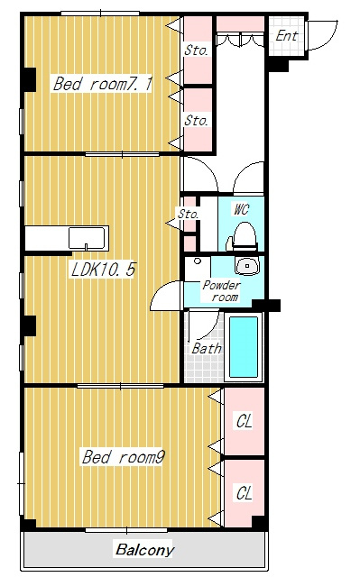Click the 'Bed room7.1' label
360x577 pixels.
pos(102,84)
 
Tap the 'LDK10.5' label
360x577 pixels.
pos(103,270)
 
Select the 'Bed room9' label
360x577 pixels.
pos(123,457)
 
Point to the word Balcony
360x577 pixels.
pos(144,550)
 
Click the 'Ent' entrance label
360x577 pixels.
pos(286,36)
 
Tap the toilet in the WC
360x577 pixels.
pos(243,236)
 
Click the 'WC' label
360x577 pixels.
pos(241,209)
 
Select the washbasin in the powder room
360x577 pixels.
pos(247,265)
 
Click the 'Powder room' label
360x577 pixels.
pos(222,290)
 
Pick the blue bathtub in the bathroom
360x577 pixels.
pos(244,346)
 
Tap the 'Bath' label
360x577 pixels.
pos(207,348)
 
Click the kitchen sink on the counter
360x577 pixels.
pos(88,239)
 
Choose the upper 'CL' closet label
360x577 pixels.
pos(245,421)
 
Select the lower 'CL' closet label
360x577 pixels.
pos(245,493)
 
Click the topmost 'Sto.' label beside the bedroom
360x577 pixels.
pos(196,50)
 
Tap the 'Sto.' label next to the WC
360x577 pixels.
pos(189,214)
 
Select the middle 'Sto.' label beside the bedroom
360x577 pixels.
pos(196,121)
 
